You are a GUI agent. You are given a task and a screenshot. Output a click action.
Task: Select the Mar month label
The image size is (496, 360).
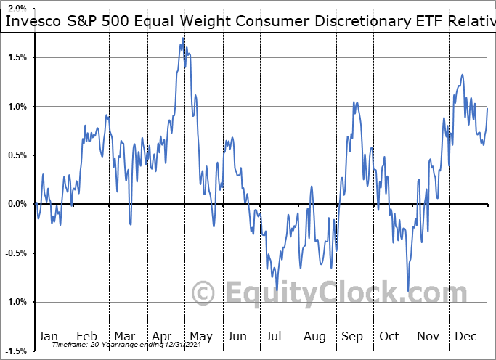coord(124,336)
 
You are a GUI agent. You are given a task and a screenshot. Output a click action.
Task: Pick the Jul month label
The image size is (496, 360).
coord(275,336)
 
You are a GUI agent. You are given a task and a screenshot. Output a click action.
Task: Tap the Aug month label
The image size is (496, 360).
coord(314,336)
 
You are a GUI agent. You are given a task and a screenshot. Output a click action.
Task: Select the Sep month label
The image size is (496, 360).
coord(352,336)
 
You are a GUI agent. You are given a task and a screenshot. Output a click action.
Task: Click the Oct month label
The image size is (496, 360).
coord(389,336)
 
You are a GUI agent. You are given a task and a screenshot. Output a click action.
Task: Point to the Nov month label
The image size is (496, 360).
coord(428,336)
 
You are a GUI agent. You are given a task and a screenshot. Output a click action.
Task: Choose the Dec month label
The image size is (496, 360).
coord(465,336)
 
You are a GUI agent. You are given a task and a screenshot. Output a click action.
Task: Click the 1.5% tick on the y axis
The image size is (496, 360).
coord(17,57)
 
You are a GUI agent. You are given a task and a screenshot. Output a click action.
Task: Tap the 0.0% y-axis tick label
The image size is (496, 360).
coord(17,204)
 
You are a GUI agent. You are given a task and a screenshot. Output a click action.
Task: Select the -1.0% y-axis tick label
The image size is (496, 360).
coord(15,302)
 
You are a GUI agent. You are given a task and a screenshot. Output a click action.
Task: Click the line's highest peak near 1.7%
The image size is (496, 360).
coord(182,38)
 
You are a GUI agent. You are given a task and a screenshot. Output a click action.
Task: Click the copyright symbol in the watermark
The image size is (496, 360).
coord(203,293)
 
